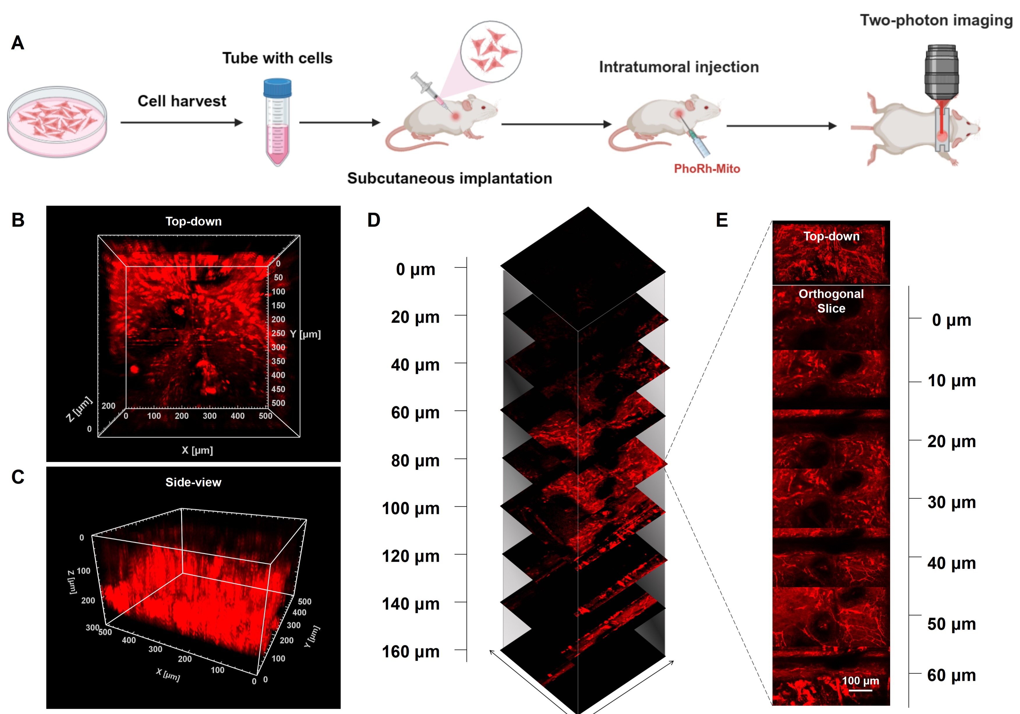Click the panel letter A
click(x=17, y=43)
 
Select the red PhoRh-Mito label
click(x=707, y=169)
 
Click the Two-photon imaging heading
click(x=936, y=20)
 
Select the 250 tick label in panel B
click(x=278, y=333)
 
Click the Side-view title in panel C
click(x=193, y=482)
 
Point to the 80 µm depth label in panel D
click(x=415, y=461)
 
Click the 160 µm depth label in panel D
click(x=411, y=652)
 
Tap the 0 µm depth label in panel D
click(x=416, y=269)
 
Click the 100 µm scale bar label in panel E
click(x=860, y=681)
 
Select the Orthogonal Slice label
click(x=831, y=301)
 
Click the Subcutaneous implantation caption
click(x=450, y=178)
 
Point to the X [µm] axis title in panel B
click(x=197, y=450)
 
